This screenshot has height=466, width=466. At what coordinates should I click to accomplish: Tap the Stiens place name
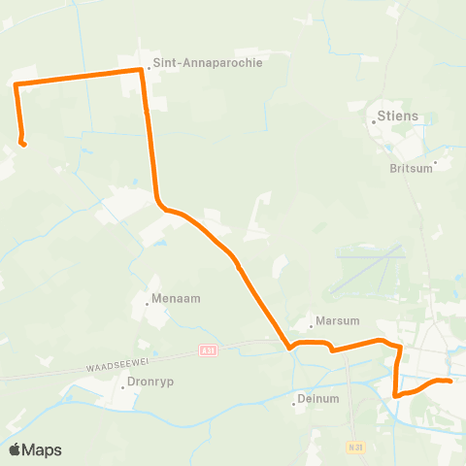398,117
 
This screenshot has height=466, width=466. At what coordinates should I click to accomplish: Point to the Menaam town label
176,299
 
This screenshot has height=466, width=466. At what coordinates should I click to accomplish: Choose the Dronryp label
151,384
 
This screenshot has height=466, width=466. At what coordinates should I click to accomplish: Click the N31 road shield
355,447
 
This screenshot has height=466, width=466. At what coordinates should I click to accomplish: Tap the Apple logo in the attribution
16,449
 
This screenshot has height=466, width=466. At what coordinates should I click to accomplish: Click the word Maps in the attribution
42,449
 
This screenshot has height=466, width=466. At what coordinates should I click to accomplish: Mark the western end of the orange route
23,145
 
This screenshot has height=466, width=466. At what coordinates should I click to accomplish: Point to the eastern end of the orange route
449,382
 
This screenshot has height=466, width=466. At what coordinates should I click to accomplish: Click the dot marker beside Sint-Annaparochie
149,68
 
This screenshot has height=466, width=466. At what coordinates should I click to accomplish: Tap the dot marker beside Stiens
373,123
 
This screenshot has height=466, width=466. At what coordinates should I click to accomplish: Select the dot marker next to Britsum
436,162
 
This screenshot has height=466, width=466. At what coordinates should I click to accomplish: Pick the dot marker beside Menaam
148,305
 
